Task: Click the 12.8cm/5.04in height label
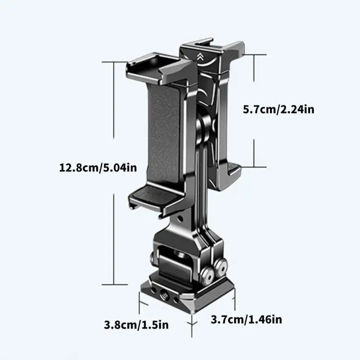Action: click(x=98, y=167)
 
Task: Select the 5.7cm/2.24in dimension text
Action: click(x=279, y=109)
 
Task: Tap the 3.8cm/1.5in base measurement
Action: click(x=136, y=325)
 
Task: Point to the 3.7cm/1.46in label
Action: click(x=246, y=319)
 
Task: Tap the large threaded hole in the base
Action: click(x=165, y=294)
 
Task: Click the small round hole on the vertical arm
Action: click(x=180, y=218)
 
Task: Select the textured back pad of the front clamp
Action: click(x=164, y=133)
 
